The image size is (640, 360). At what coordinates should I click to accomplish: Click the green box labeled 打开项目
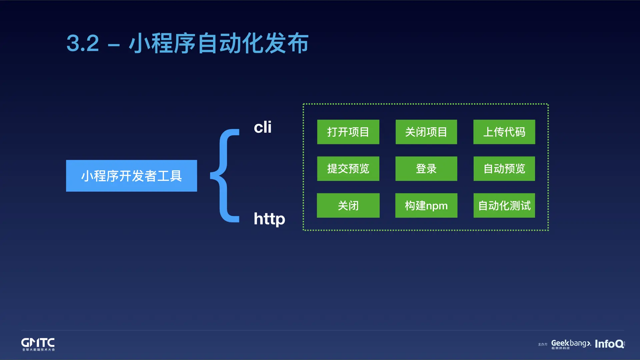tap(348, 132)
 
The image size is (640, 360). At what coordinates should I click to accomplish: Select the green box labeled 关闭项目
tap(426, 132)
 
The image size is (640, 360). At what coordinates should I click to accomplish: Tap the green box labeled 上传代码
tap(504, 132)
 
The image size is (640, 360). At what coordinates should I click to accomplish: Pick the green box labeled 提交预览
tap(348, 169)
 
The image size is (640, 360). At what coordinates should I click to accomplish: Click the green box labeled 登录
tap(426, 169)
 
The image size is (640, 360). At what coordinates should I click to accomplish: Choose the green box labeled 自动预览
tap(504, 169)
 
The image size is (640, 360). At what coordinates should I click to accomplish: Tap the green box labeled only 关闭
tap(348, 205)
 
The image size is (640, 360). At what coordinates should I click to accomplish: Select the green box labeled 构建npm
tap(426, 205)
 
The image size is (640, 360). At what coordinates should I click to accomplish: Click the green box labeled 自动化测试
tap(504, 205)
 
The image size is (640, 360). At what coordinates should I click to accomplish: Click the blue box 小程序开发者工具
tap(131, 176)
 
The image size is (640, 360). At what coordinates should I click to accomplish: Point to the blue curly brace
tap(225, 175)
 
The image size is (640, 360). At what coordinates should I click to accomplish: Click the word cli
tap(263, 127)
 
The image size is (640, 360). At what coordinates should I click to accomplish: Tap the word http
tap(269, 219)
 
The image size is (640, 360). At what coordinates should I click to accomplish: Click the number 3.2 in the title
tap(83, 43)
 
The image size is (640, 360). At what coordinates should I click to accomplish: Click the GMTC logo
tap(38, 344)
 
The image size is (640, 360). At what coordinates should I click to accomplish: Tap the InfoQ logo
tap(609, 344)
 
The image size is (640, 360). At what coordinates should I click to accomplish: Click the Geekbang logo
tap(571, 344)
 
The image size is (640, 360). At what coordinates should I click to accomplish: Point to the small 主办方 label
tap(542, 344)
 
